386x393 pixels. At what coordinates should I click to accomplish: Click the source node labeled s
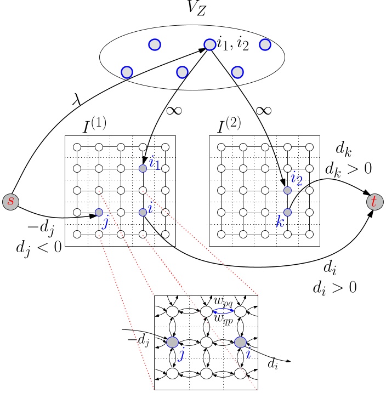pyautogui.click(x=10, y=201)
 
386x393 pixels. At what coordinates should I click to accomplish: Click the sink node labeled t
pyautogui.click(x=374, y=202)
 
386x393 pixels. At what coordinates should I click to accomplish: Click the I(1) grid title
pyautogui.click(x=94, y=126)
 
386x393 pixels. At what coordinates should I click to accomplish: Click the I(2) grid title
pyautogui.click(x=231, y=126)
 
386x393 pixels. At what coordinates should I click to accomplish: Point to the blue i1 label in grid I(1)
pyautogui.click(x=155, y=163)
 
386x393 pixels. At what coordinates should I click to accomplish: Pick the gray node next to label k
pyautogui.click(x=287, y=212)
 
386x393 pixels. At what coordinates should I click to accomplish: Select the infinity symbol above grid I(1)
pyautogui.click(x=174, y=110)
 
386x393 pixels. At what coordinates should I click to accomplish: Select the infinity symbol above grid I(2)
pyautogui.click(x=264, y=110)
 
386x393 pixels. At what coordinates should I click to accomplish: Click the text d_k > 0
pyautogui.click(x=348, y=168)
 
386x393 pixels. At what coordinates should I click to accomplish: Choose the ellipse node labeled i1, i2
pyautogui.click(x=210, y=44)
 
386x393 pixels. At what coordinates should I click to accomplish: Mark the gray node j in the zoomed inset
pyautogui.click(x=172, y=343)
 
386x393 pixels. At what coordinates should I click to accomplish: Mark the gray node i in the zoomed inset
pyautogui.click(x=240, y=343)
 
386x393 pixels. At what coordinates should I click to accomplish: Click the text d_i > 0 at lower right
pyautogui.click(x=335, y=287)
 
